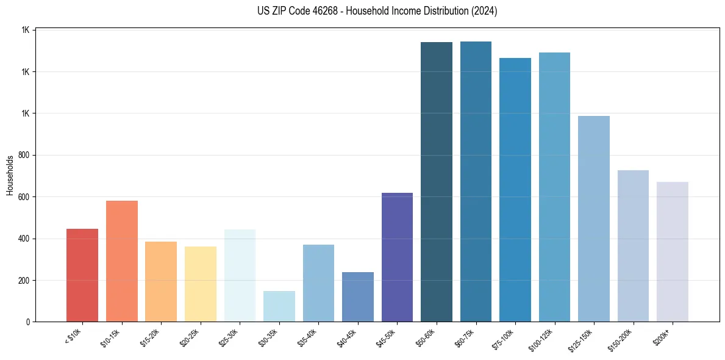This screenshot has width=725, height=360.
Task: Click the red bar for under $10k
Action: click(82, 275)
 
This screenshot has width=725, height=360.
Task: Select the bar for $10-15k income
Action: click(122, 261)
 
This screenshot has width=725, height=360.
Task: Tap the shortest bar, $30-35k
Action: click(279, 306)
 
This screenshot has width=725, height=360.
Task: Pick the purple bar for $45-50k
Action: click(397, 257)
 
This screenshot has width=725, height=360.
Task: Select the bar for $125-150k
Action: click(594, 218)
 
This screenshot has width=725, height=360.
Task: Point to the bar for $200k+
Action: click(673, 251)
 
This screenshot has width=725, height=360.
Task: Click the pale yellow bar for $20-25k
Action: click(201, 284)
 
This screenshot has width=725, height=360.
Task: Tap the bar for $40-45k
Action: click(358, 297)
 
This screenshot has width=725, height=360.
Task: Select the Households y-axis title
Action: click(10, 175)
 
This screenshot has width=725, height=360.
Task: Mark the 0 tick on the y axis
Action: click(29, 322)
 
